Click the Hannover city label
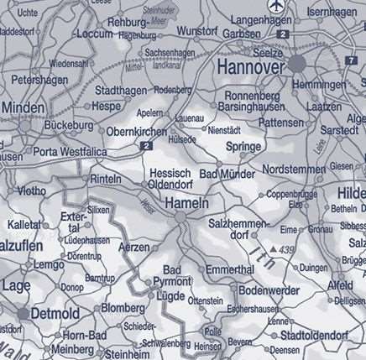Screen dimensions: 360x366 (252, 65)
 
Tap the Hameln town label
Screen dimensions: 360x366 (187, 203)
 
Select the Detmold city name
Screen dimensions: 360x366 (56, 314)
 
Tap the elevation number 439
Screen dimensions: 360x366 (287, 250)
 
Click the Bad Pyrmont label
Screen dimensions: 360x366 (172, 275)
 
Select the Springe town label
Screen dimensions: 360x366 (244, 146)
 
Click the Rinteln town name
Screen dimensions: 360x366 (106, 180)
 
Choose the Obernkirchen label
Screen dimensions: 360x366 (138, 132)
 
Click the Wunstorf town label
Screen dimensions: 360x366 (198, 30)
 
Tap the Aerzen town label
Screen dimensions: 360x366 (133, 248)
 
